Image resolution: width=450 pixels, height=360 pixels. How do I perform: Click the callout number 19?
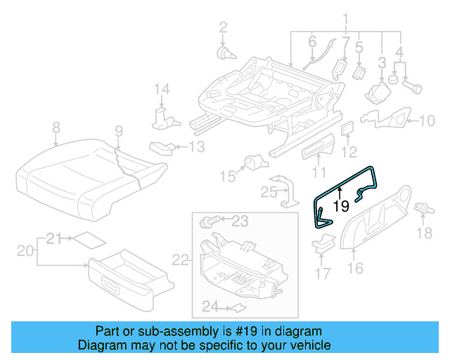341,206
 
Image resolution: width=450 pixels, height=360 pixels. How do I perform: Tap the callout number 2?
223,27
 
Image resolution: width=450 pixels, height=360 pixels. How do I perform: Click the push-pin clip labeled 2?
224,52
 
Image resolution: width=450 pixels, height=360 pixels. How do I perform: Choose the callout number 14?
162,89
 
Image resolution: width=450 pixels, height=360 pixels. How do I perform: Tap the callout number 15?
226,175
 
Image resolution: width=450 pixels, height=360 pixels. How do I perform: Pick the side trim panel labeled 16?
376,221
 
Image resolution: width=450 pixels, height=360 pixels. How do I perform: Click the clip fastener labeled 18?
424,209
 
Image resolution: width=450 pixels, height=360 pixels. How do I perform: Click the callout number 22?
181,260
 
